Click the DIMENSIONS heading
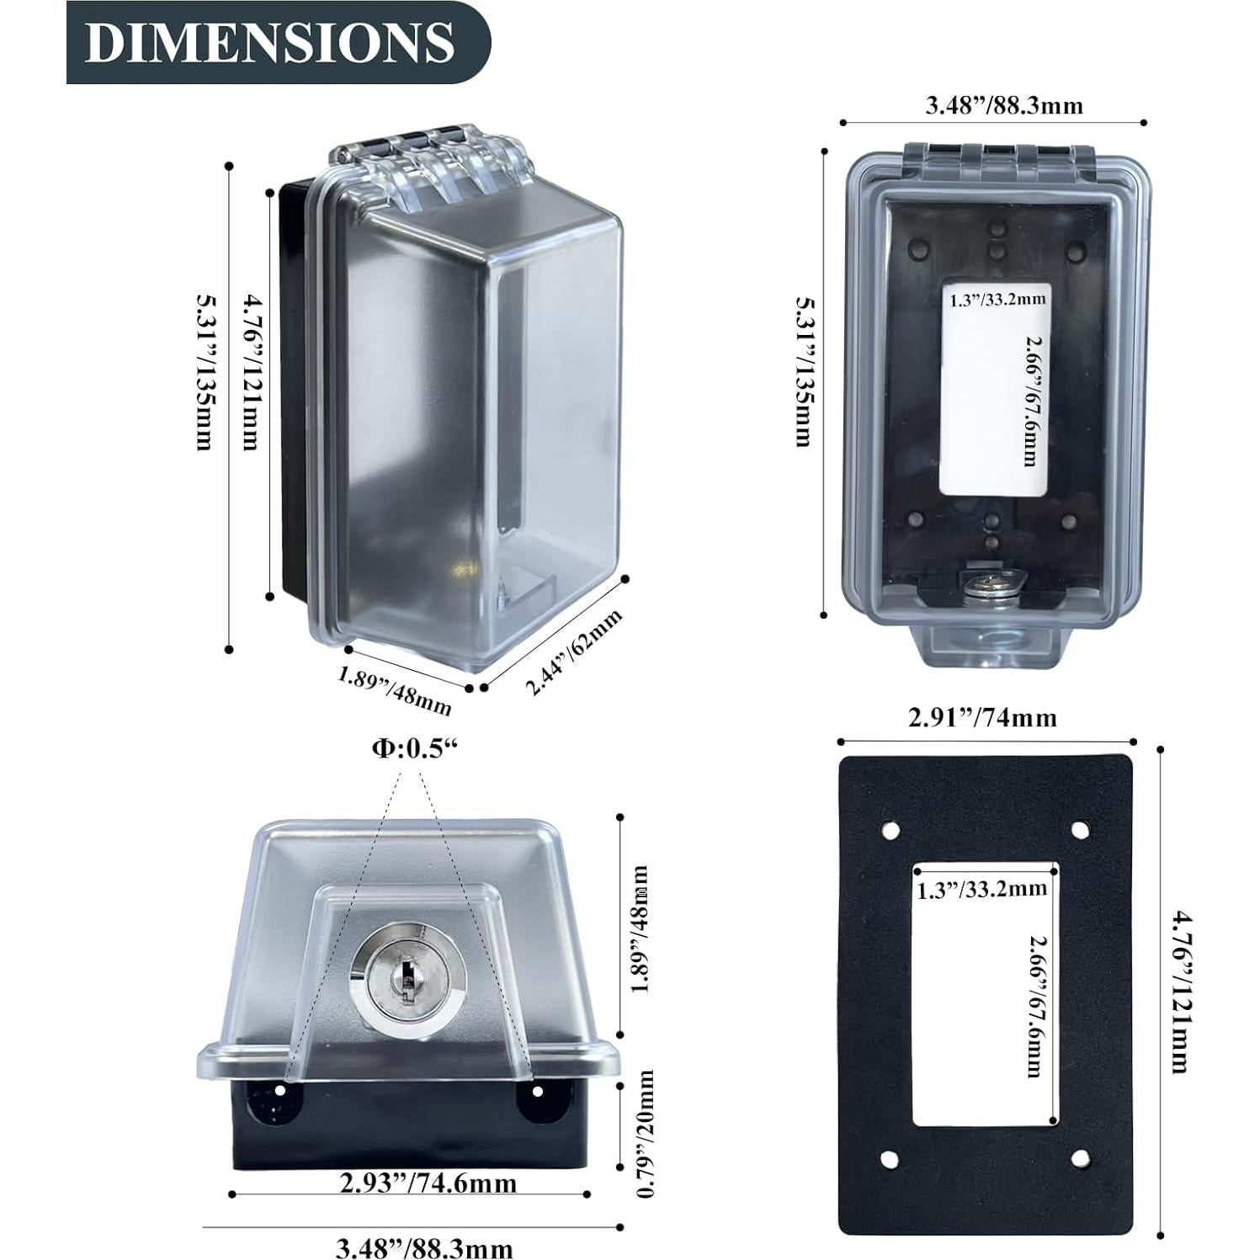(269, 42)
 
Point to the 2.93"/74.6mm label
(428, 1183)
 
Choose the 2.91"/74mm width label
(982, 717)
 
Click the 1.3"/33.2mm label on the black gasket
(981, 888)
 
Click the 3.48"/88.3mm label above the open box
(992, 105)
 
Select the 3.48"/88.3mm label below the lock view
(424, 1247)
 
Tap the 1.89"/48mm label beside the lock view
(641, 928)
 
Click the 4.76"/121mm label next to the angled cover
(250, 371)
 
